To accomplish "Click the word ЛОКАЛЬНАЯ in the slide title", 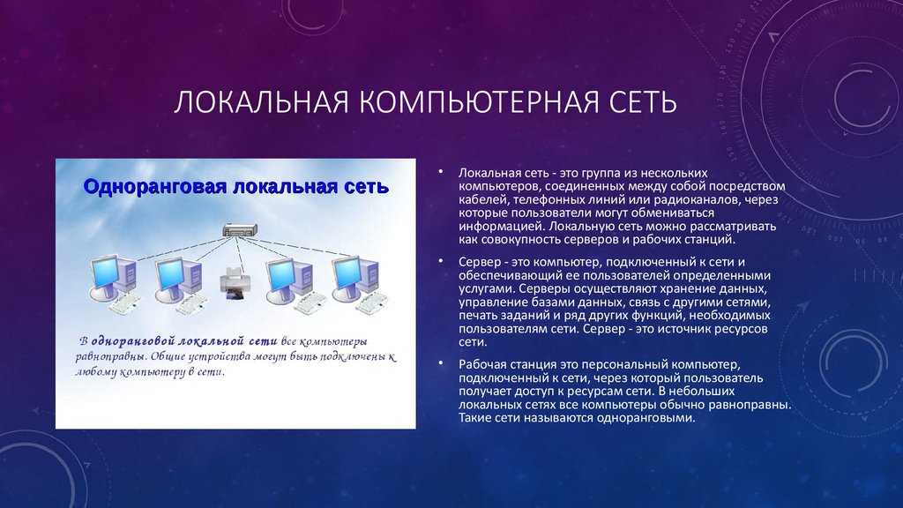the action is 261,102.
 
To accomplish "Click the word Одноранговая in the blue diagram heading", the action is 155,187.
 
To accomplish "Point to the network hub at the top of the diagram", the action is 240,230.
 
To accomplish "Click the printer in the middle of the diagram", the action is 235,283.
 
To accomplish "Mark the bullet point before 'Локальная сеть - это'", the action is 441,172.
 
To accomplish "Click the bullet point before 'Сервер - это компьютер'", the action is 441,261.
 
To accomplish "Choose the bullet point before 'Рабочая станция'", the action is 441,363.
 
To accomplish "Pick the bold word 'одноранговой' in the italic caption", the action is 132,341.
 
